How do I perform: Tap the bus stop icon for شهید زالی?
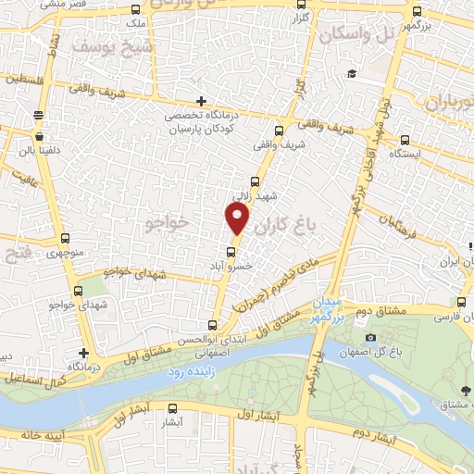255,181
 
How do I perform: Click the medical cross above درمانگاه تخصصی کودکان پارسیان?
201,101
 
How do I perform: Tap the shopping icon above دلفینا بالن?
37,115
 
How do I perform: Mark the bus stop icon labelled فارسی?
462,303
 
